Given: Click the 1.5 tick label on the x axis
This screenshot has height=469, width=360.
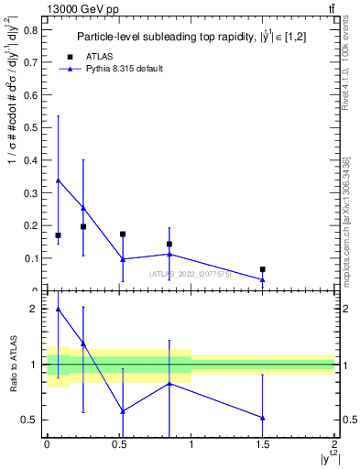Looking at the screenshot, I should click(263, 444).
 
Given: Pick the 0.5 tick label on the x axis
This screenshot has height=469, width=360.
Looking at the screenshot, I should click(118, 444).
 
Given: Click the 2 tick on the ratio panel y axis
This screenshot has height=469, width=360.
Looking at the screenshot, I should click(37, 309).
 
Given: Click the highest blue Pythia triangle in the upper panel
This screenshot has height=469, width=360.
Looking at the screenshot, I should click(58, 180).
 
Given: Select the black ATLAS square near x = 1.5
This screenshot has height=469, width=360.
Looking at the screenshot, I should click(263, 269).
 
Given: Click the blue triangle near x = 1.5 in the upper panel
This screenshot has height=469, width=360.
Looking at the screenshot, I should click(263, 279).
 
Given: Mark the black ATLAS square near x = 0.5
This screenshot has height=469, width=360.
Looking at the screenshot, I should click(123, 234).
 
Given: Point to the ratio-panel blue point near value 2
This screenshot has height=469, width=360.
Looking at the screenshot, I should click(58, 309).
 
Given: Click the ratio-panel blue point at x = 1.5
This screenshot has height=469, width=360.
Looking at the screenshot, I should click(263, 418).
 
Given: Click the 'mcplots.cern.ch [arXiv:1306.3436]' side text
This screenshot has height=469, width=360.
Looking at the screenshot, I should click(346, 220).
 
